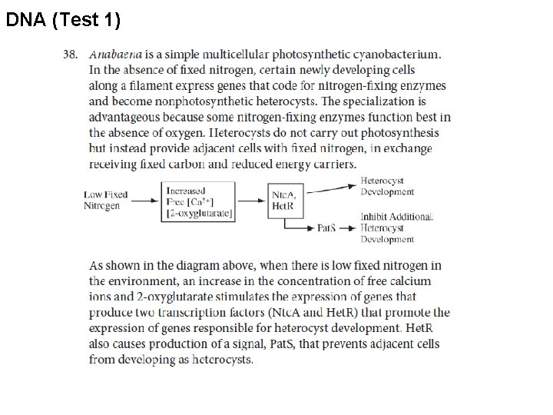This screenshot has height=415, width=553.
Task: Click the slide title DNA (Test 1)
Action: click(63, 21)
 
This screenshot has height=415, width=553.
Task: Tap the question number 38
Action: click(70, 55)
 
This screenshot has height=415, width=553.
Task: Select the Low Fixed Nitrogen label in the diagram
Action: click(106, 200)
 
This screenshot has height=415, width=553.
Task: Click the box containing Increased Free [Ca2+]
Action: click(200, 202)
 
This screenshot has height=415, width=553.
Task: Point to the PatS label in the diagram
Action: click(326, 228)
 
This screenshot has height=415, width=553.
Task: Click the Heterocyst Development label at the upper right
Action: click(387, 187)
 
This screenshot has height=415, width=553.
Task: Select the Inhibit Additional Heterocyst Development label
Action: click(397, 228)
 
